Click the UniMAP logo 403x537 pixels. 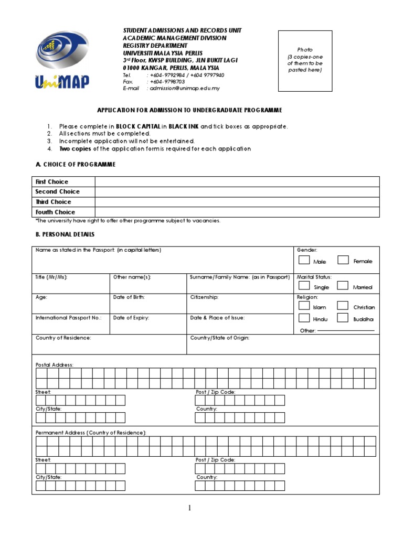[62, 59]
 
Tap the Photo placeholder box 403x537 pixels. [305, 61]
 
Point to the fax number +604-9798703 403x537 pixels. [167, 82]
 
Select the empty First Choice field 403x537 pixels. [237, 182]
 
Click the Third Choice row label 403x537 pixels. [53, 202]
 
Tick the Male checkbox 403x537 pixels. [304, 260]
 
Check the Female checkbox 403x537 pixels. [343, 260]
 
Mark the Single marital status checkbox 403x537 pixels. [304, 286]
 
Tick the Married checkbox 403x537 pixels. [343, 286]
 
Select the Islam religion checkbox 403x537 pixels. [304, 306]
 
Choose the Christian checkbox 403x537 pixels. [343, 306]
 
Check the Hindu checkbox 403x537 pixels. [304, 318]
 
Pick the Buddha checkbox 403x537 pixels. [343, 318]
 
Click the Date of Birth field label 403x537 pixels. [129, 297]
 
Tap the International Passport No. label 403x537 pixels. [68, 318]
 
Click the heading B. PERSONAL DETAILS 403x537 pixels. [65, 234]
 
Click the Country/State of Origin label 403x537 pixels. [220, 338]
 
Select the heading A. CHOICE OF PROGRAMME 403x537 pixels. [75, 165]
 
